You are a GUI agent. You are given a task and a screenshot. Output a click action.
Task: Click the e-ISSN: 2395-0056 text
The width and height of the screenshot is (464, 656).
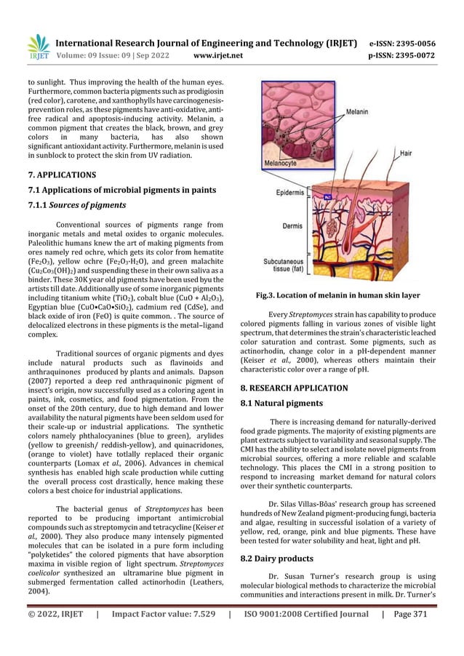403,43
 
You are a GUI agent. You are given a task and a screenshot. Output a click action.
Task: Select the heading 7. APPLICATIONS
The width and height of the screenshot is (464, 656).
61,175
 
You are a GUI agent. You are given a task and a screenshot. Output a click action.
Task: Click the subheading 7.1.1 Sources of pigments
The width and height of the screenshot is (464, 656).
77,205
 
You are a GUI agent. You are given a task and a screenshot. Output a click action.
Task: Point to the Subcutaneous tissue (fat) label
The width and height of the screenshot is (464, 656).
289,263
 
